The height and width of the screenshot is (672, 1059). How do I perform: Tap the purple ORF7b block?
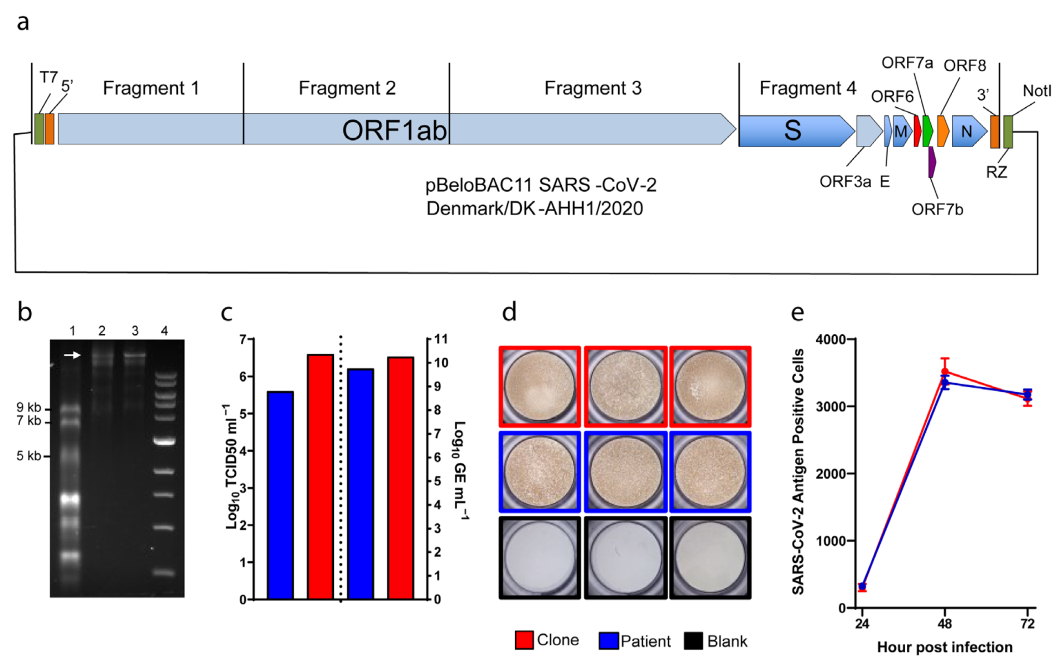[x=931, y=162]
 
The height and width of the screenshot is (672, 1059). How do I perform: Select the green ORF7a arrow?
[x=927, y=131]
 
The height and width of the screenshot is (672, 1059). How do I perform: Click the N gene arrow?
[x=968, y=132]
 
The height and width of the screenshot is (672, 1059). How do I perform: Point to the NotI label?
[x=1036, y=91]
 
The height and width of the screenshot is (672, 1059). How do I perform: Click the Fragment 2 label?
[x=347, y=88]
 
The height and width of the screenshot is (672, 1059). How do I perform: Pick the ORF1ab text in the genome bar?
[x=394, y=130]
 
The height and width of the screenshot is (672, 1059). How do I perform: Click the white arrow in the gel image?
[x=72, y=355]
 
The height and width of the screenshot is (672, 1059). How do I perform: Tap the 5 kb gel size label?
[x=28, y=456]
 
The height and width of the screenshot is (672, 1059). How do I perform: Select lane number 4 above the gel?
[x=164, y=331]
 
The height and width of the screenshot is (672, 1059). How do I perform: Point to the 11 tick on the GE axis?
[x=441, y=339]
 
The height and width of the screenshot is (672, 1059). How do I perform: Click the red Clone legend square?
[x=524, y=641]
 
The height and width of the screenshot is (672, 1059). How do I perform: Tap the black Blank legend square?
[x=693, y=641]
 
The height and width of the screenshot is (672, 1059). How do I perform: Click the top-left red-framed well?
[x=540, y=387]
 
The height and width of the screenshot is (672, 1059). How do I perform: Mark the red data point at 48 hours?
[x=945, y=372]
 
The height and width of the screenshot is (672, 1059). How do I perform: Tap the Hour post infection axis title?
[x=945, y=647]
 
